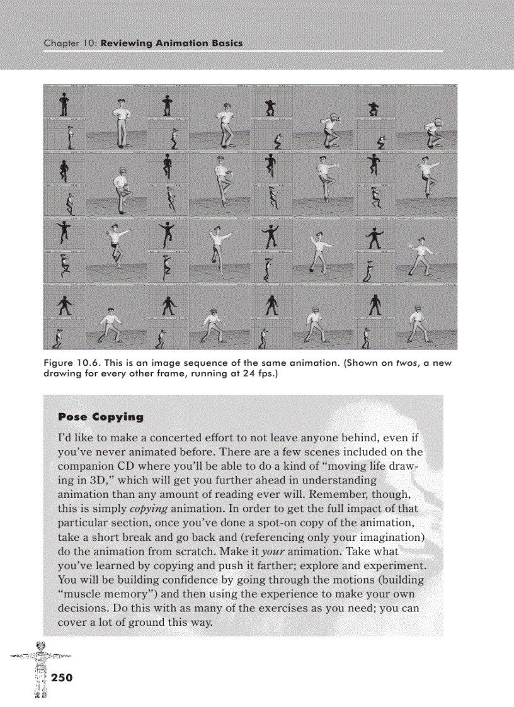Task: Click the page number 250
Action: [62, 678]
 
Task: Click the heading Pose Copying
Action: [101, 417]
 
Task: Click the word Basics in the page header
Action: [222, 43]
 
